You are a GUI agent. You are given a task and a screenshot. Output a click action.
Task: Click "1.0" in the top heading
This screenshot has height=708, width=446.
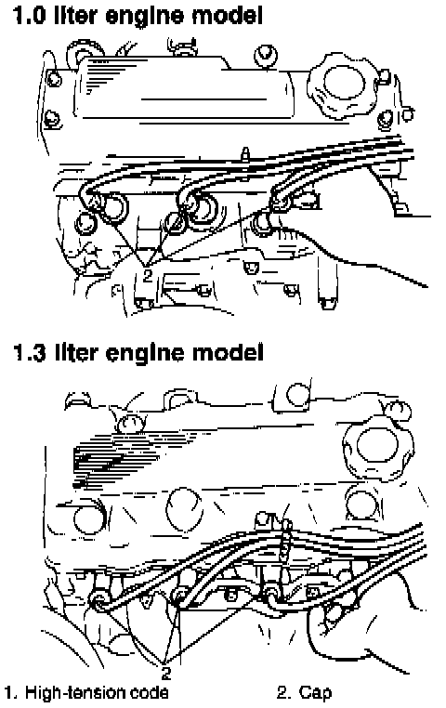(x=29, y=16)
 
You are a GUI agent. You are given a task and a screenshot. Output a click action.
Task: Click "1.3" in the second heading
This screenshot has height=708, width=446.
(x=29, y=352)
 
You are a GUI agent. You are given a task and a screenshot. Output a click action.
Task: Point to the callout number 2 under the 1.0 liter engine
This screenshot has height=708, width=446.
(x=148, y=274)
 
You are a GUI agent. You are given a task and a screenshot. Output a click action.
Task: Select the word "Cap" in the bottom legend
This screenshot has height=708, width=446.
(x=315, y=692)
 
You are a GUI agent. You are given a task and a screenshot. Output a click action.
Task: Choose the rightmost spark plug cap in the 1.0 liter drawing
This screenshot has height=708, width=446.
(x=281, y=202)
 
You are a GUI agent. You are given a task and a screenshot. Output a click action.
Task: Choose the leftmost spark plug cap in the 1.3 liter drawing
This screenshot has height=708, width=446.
(x=98, y=598)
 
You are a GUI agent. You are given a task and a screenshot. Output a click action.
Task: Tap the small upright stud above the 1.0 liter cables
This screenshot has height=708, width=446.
(x=244, y=155)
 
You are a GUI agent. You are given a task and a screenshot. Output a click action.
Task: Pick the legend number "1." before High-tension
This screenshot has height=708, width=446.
(x=12, y=692)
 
